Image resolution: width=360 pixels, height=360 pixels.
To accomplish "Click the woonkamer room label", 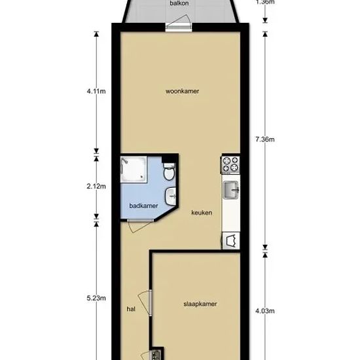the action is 183,91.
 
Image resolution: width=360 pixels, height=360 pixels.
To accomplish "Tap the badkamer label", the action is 143,206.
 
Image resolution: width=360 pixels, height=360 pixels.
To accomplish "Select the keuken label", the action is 202,213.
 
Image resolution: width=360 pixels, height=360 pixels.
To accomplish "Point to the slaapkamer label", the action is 200,304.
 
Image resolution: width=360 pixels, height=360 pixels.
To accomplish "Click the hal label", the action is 131,309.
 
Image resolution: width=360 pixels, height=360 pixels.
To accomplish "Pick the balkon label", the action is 179,3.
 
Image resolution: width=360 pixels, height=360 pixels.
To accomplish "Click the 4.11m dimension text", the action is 96,91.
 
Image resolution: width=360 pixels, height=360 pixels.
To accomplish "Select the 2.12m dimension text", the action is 96,186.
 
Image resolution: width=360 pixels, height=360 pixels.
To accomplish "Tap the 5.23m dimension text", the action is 96,298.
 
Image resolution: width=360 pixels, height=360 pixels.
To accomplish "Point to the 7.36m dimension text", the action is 265,139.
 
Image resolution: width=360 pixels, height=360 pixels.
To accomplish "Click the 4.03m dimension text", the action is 265,311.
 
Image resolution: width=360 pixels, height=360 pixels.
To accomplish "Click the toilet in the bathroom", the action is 170,171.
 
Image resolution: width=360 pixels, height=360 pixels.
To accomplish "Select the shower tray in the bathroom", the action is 134,170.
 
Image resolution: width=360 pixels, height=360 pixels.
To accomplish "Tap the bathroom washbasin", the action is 171,196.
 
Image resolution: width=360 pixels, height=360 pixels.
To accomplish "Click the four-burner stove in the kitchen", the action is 230,164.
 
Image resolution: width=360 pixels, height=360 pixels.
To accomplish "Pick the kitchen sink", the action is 231,190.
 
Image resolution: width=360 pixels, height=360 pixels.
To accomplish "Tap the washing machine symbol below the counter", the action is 231,241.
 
